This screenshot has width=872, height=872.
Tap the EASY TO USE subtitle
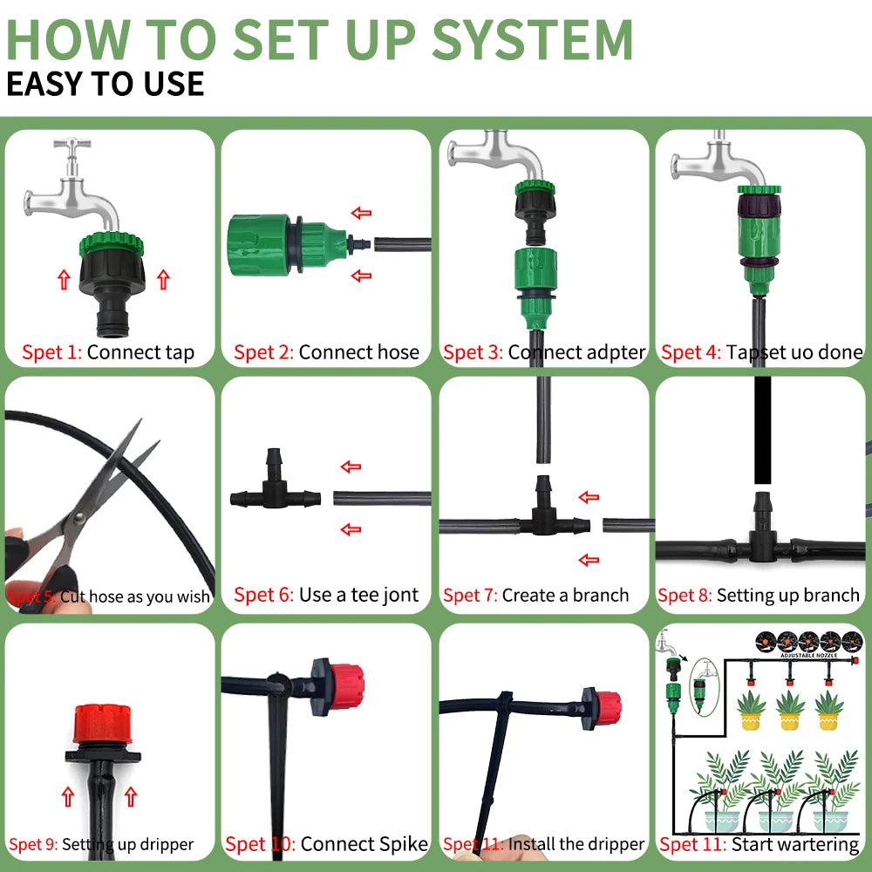click(105, 84)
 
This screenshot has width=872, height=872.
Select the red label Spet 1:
click(51, 353)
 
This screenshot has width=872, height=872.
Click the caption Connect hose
click(358, 353)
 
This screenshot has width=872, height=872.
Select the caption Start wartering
click(794, 844)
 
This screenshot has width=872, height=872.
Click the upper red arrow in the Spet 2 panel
click(360, 212)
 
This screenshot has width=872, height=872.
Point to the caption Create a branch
click(565, 596)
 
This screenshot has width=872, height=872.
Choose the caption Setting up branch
click(787, 596)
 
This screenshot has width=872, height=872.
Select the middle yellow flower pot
click(790, 710)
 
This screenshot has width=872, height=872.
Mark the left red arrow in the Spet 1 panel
click(64, 279)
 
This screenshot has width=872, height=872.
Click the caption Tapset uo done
click(794, 353)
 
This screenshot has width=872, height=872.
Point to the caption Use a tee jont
click(358, 596)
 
